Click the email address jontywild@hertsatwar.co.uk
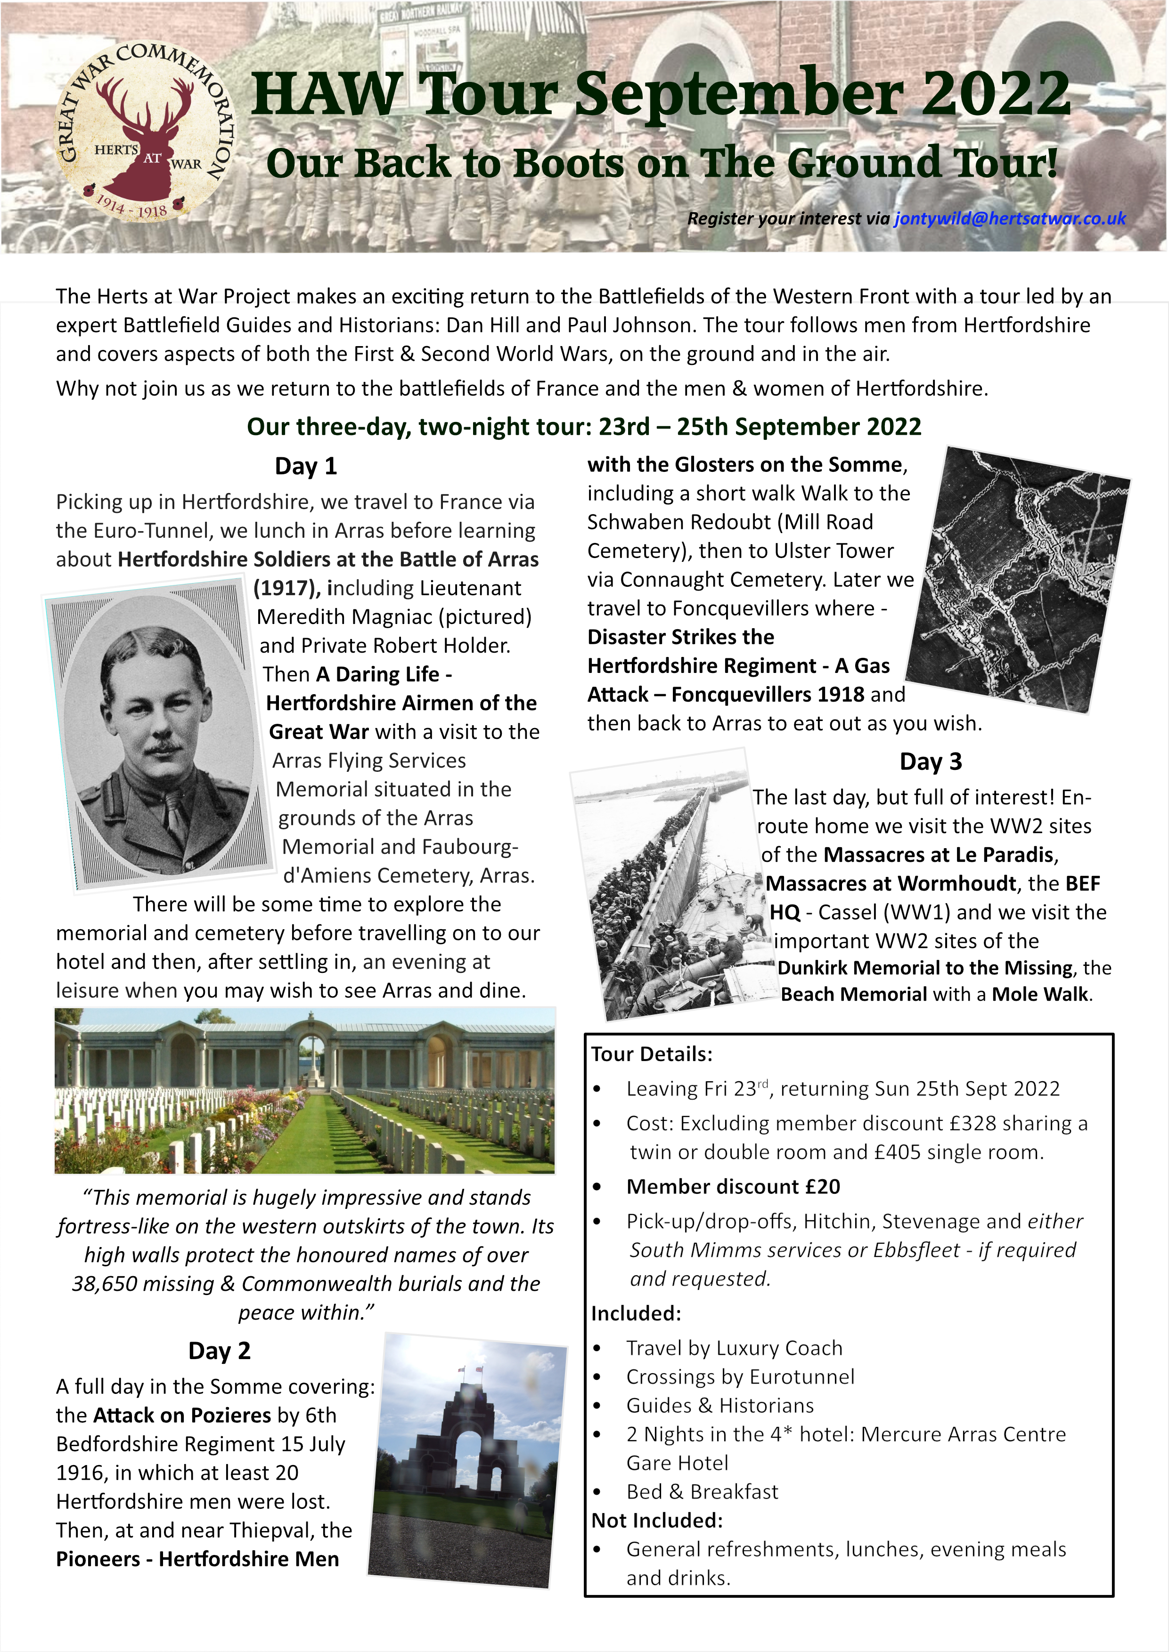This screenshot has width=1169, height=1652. [1009, 219]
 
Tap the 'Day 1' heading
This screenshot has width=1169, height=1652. [305, 466]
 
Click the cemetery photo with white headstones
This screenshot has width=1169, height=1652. [304, 1091]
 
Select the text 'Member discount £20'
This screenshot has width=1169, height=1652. [733, 1186]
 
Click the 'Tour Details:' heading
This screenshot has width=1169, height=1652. [652, 1054]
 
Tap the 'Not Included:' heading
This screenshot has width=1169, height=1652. [656, 1520]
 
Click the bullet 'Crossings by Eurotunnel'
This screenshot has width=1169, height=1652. [740, 1377]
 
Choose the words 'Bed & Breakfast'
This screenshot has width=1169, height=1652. [702, 1491]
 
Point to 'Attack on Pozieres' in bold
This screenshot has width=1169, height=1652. [182, 1415]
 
